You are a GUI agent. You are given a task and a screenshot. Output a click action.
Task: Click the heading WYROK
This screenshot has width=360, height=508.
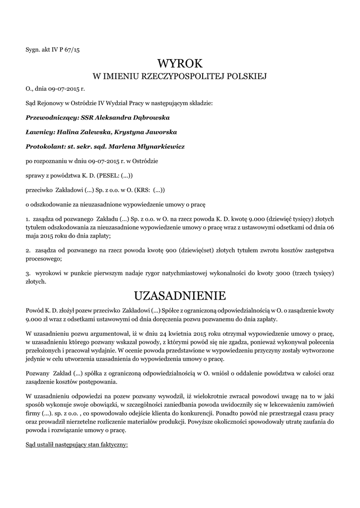180,63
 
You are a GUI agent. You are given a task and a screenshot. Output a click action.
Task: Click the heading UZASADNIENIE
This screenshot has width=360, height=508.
180,296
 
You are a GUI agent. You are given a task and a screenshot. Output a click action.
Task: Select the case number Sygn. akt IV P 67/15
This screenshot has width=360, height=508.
52,50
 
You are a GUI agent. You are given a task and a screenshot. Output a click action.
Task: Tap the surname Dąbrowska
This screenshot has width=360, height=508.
149,118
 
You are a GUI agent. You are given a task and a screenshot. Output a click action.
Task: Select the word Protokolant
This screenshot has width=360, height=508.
45,147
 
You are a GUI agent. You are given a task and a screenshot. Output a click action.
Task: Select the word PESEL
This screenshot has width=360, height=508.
108,176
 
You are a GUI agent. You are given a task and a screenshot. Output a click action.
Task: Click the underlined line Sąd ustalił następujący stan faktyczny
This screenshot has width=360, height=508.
77,444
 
